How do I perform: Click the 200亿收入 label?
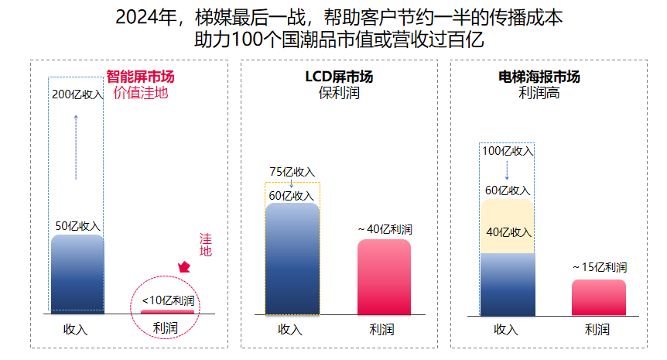click(77, 94)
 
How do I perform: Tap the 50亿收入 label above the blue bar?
click(78, 226)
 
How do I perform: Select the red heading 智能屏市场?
click(140, 77)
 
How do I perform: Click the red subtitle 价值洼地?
click(140, 92)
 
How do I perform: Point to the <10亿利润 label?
click(169, 300)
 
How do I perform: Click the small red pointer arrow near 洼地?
click(184, 267)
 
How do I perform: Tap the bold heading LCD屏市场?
click(339, 77)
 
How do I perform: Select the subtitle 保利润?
click(339, 92)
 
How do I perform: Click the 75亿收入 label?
click(292, 172)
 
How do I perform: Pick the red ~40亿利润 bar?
click(384, 277)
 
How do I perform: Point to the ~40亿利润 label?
click(385, 229)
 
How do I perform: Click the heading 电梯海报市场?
click(539, 77)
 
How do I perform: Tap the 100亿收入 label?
click(508, 151)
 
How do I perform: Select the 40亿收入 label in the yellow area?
click(509, 232)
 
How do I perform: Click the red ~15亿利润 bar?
click(599, 297)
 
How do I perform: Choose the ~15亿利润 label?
click(600, 267)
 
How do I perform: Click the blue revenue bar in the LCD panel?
click(292, 259)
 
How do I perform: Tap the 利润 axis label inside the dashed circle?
click(165, 327)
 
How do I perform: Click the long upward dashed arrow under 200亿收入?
click(76, 147)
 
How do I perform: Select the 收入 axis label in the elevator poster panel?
click(506, 329)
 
